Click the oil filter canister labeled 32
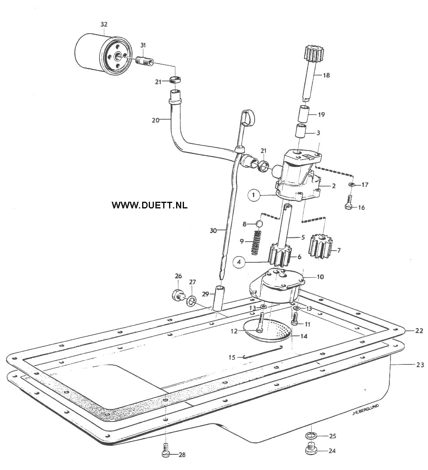[103, 54]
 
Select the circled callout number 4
[239, 262]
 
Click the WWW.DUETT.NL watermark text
[150, 205]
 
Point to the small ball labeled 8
[258, 224]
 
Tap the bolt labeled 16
[349, 203]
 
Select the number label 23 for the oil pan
[420, 365]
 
